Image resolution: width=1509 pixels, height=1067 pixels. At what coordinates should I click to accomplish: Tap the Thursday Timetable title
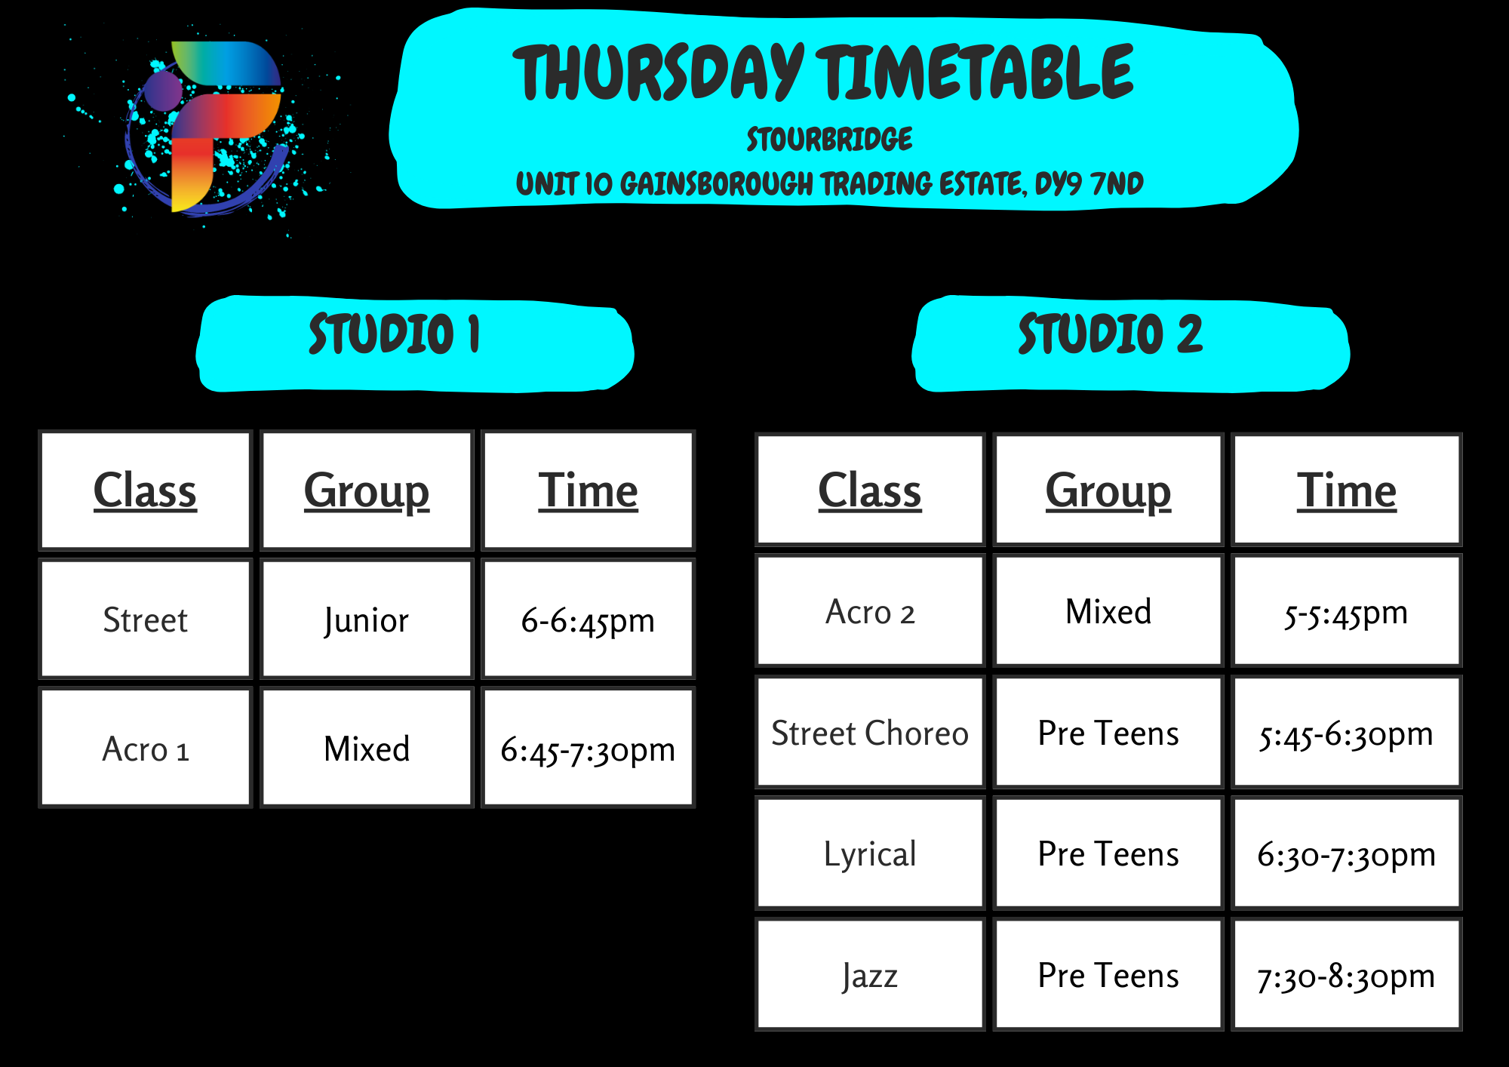(x=823, y=73)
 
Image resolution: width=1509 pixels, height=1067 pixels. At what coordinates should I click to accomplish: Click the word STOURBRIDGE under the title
(x=829, y=140)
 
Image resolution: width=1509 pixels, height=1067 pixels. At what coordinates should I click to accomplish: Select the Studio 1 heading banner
(x=414, y=344)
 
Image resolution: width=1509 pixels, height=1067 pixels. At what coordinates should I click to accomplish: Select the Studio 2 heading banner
(x=1130, y=344)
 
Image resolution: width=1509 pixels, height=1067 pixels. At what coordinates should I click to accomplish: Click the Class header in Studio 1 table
(x=145, y=490)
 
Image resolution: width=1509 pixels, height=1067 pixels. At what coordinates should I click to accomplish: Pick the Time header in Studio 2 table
(x=1347, y=490)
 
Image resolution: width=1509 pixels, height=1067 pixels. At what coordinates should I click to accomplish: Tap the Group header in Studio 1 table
(x=367, y=490)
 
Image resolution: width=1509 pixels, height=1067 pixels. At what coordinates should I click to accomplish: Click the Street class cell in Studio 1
(x=145, y=620)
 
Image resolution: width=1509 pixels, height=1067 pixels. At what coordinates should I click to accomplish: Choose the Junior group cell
(x=367, y=620)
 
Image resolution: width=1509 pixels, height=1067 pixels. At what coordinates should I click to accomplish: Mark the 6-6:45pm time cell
(x=588, y=620)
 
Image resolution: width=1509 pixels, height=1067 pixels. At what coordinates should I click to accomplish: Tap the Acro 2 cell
(x=870, y=611)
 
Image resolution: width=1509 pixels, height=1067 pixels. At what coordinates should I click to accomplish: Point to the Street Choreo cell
(x=870, y=733)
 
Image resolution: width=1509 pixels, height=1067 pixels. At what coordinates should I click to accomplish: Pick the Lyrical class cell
(x=870, y=853)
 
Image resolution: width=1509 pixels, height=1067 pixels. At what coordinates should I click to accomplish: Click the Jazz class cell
(x=870, y=975)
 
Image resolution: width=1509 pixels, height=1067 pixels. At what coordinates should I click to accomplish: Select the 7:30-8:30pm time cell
(x=1347, y=975)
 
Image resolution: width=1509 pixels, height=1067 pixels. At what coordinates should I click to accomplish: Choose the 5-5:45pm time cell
(x=1347, y=611)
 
